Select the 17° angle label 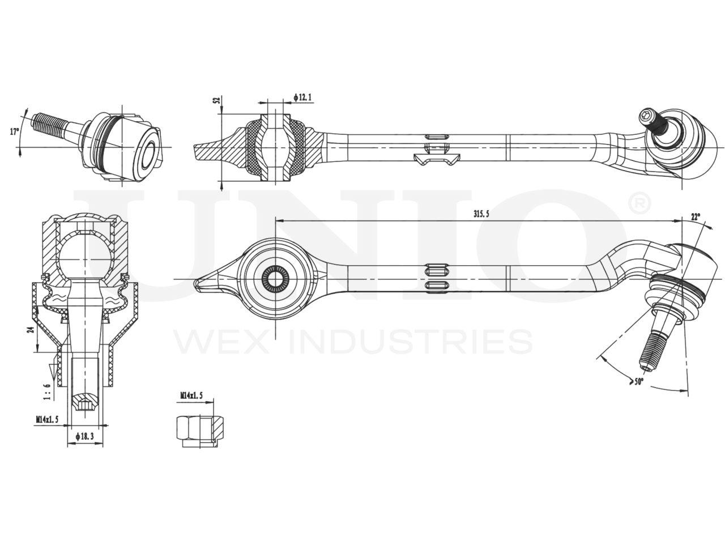click(15, 131)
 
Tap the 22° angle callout click(695, 216)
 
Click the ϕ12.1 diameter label click(303, 97)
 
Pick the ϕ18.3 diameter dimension click(85, 437)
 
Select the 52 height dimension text click(216, 100)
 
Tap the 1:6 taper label click(46, 391)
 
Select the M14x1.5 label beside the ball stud click(48, 419)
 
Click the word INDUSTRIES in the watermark click(411, 342)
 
